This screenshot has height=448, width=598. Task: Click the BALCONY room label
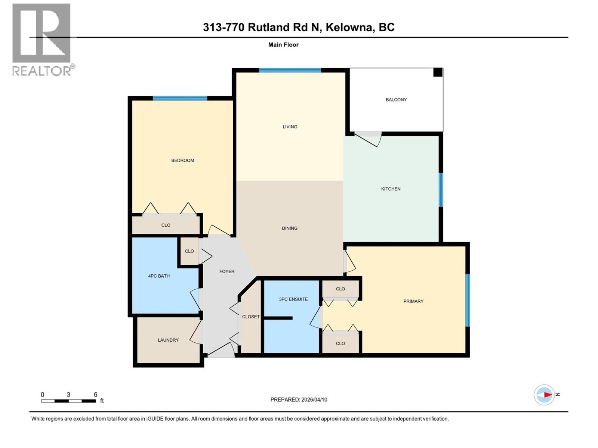(x=396, y=100)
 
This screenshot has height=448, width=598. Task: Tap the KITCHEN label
(x=391, y=189)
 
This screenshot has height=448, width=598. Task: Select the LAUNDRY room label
(x=168, y=340)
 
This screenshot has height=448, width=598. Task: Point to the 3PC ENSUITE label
(x=293, y=299)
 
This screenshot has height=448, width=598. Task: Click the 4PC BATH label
(x=159, y=276)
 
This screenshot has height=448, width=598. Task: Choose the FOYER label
(x=227, y=271)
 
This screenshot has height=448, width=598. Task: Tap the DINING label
(x=290, y=228)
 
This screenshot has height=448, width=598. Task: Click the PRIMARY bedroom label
(x=413, y=301)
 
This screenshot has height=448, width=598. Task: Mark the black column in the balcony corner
(x=438, y=72)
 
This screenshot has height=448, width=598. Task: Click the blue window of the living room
(x=290, y=70)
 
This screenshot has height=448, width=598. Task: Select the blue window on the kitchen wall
(x=441, y=190)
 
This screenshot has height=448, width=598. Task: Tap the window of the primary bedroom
(x=467, y=301)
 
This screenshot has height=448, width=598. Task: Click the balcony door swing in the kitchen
(x=368, y=140)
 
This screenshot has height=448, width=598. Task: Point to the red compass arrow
(x=548, y=395)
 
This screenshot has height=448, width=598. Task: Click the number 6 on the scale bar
(x=96, y=395)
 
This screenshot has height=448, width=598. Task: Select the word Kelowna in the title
(x=350, y=27)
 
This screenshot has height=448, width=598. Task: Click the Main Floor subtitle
(x=283, y=45)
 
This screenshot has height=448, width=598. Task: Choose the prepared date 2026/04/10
(x=314, y=399)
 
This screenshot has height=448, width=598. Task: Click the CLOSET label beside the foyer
(x=251, y=317)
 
